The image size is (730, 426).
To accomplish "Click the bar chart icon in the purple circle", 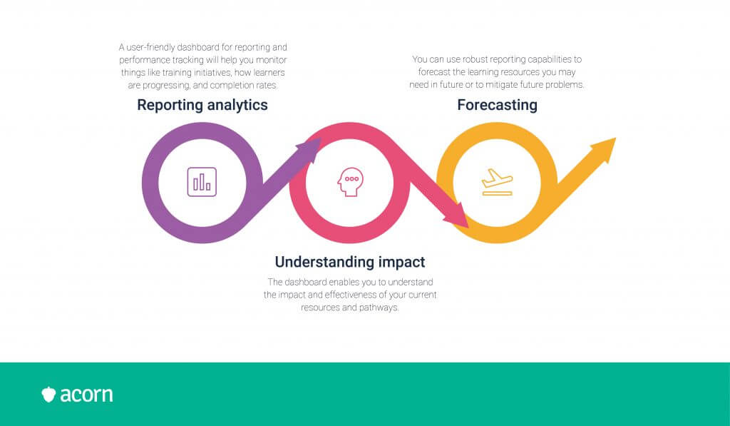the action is [202, 182].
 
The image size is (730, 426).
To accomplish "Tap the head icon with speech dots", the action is [350, 182].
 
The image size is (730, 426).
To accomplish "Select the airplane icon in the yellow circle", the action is [497, 182].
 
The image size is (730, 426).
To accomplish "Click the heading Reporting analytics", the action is [202, 106].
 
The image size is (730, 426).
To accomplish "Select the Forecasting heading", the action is [497, 106].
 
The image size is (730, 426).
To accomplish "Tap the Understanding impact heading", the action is [350, 262].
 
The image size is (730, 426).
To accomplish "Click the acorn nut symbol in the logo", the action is [48, 395].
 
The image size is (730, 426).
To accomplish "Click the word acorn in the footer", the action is [86, 395].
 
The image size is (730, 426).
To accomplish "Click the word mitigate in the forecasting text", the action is [502, 85].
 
